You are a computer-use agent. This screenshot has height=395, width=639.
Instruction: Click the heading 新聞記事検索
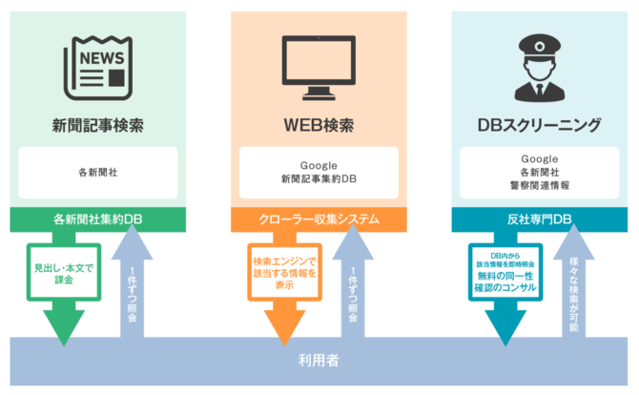(98, 125)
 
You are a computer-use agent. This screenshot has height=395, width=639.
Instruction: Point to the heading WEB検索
(319, 125)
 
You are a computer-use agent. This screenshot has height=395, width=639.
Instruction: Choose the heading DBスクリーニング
(540, 125)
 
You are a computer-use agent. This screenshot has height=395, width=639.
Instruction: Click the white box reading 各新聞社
(98, 173)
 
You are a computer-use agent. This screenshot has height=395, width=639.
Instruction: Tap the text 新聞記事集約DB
(319, 179)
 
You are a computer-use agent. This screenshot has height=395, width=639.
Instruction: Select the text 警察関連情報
(540, 185)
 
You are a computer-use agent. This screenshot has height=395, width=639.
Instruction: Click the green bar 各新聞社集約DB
(98, 219)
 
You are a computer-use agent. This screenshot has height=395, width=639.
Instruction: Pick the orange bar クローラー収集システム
(319, 219)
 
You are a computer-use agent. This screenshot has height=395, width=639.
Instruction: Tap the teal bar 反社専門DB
(540, 219)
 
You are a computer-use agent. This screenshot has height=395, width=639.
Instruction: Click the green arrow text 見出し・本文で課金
(64, 276)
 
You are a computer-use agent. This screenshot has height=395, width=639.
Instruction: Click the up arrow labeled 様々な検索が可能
(573, 286)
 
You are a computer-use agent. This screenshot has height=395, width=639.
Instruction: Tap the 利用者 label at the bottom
(319, 361)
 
